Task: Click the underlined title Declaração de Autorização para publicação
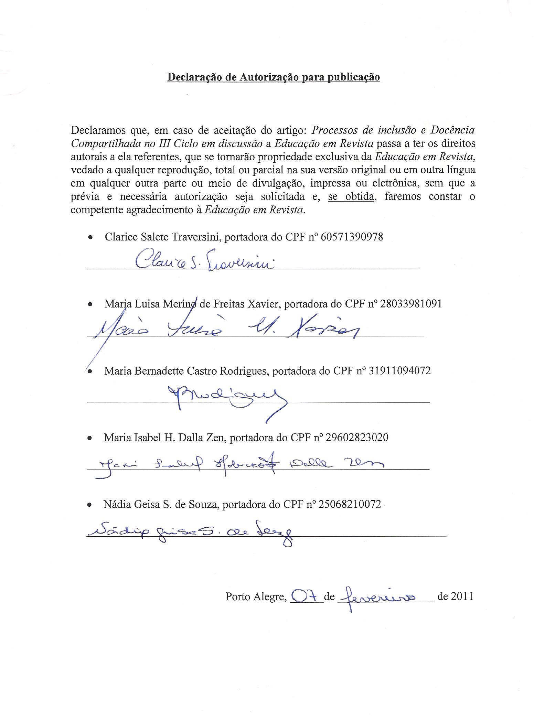(x=274, y=77)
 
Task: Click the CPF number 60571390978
(x=351, y=237)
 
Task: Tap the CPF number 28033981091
(x=411, y=304)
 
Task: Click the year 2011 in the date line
(x=462, y=596)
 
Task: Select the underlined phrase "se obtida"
(x=351, y=197)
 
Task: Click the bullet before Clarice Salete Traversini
(x=90, y=237)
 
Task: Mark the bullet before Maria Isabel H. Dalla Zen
(x=90, y=438)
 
